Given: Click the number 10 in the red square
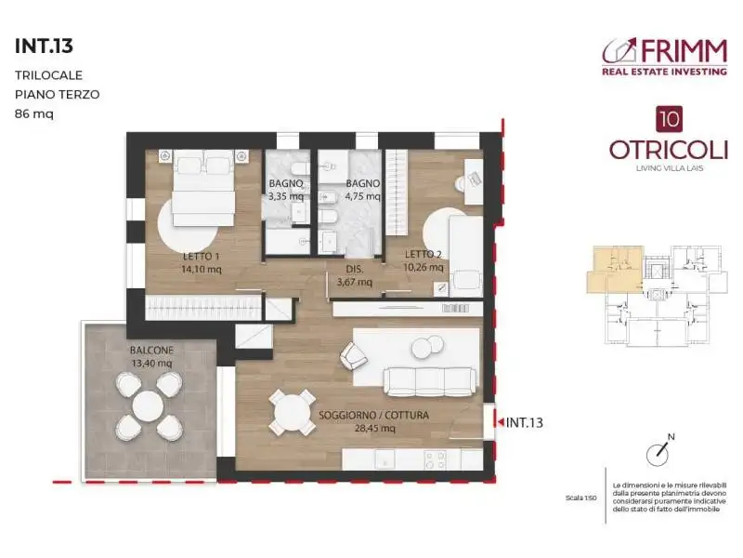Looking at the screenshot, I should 666,118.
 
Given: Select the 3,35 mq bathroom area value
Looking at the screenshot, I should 285,196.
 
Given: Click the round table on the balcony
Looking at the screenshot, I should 149,406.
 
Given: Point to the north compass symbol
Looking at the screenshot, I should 660,450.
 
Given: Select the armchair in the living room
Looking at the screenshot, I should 353,354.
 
